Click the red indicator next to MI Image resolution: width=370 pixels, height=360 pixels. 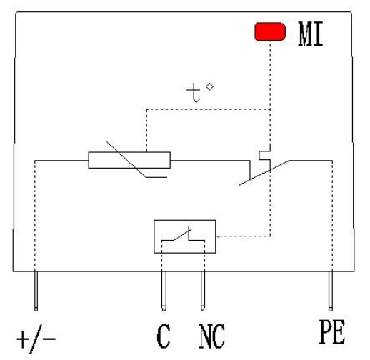pyautogui.click(x=270, y=31)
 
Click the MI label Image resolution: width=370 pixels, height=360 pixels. pyautogui.click(x=311, y=34)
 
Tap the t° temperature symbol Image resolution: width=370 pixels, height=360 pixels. pyautogui.click(x=200, y=93)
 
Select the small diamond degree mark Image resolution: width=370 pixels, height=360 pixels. pyautogui.click(x=209, y=87)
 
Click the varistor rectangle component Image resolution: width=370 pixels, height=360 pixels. pyautogui.click(x=129, y=160)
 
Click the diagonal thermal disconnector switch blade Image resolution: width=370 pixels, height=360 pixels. pyautogui.click(x=264, y=173)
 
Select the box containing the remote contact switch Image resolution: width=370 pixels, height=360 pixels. pyautogui.click(x=185, y=236)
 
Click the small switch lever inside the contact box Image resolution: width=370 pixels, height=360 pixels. pyautogui.click(x=182, y=235)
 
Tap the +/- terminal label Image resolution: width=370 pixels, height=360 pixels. pyautogui.click(x=36, y=339)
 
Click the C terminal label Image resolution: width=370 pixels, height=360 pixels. pyautogui.click(x=164, y=336)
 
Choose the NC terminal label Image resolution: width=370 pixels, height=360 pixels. pyautogui.click(x=212, y=336)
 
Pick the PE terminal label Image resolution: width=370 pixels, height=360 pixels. pyautogui.click(x=332, y=332)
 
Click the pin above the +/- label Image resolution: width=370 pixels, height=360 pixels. pyautogui.click(x=36, y=290)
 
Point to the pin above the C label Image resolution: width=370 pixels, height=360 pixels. pyautogui.click(x=164, y=291)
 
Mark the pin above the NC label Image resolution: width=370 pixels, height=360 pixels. pyautogui.click(x=203, y=291)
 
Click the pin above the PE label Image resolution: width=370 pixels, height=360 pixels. pyautogui.click(x=331, y=291)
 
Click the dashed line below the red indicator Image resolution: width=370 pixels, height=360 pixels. pyautogui.click(x=270, y=75)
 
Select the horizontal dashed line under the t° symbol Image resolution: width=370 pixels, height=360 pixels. pyautogui.click(x=209, y=109)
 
